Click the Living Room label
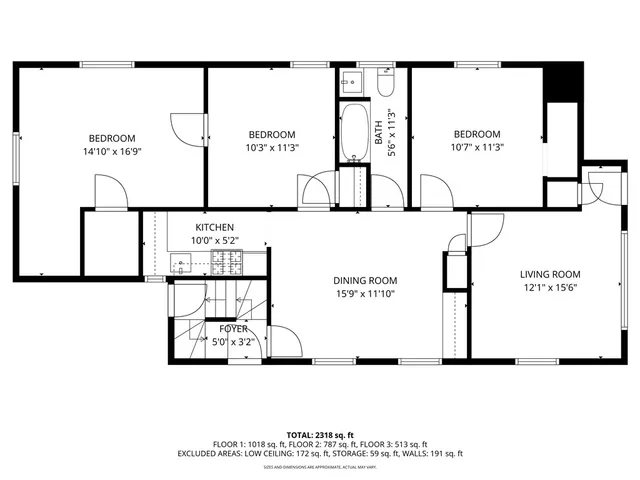pyautogui.click(x=549, y=274)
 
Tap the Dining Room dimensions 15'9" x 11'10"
pyautogui.click(x=365, y=294)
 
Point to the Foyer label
pyautogui.click(x=234, y=328)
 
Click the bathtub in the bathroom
pyautogui.click(x=354, y=134)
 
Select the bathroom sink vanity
pyautogui.click(x=353, y=81)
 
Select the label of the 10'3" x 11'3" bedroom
pyautogui.click(x=272, y=135)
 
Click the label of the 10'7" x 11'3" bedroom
pyautogui.click(x=477, y=135)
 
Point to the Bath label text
pyautogui.click(x=379, y=131)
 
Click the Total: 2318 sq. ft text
pyautogui.click(x=319, y=434)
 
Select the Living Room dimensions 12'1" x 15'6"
pyautogui.click(x=549, y=288)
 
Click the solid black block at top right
pyautogui.click(x=566, y=81)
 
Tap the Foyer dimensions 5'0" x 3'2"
pyautogui.click(x=234, y=342)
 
